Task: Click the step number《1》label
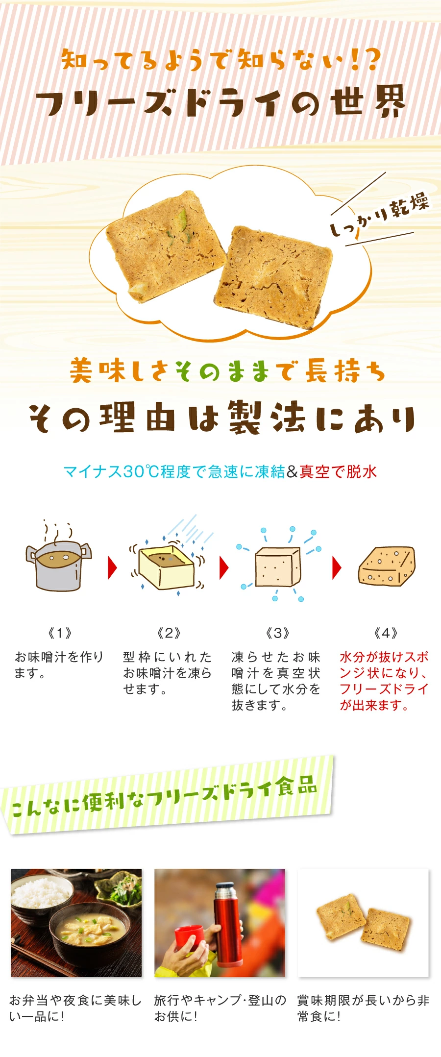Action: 60,633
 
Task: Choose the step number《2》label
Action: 169,633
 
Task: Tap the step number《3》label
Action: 277,633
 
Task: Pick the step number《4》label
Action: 386,633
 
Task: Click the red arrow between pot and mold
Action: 112,567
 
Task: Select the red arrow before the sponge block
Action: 337,567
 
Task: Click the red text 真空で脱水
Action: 338,471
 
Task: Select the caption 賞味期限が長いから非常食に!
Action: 363,1008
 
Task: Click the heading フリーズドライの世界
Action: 221,101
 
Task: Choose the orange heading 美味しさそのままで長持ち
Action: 227,370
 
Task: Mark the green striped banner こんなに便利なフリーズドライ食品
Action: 167,794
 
